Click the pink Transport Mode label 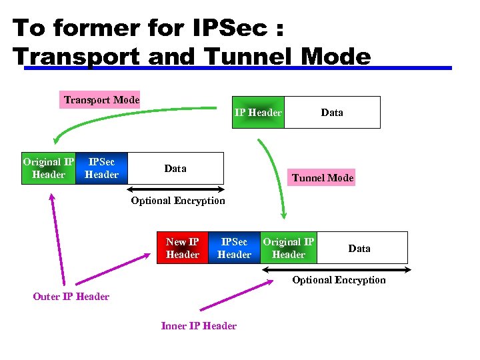(x=101, y=100)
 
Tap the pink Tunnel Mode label (x=323, y=177)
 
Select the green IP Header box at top (x=258, y=112)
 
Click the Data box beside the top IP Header (x=332, y=112)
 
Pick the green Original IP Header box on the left (x=49, y=168)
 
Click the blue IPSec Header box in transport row (x=101, y=168)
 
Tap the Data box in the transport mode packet (x=175, y=168)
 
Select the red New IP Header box (x=182, y=248)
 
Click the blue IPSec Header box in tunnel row (x=234, y=248)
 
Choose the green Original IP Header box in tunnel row (x=288, y=248)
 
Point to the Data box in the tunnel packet (x=359, y=248)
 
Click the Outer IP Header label (x=71, y=296)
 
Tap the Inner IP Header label (x=199, y=325)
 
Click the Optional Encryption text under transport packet (x=178, y=200)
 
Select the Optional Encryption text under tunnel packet (x=339, y=279)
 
